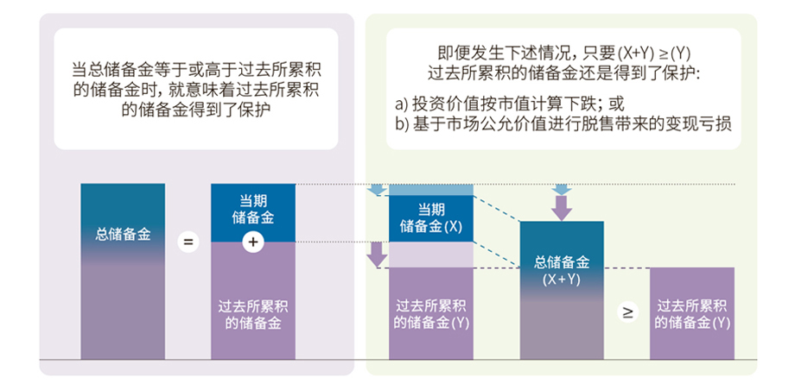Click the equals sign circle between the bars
(188, 242)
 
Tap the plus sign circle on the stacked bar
(252, 242)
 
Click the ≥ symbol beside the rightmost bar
(628, 312)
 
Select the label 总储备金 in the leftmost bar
(122, 234)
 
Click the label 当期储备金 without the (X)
(252, 209)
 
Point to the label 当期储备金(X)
(430, 218)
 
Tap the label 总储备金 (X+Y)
(561, 270)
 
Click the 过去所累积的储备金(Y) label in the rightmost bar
(692, 314)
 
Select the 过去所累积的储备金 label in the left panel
(252, 314)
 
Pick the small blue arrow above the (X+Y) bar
(561, 189)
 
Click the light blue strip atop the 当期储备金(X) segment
(430, 190)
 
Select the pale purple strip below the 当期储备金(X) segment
(430, 254)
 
